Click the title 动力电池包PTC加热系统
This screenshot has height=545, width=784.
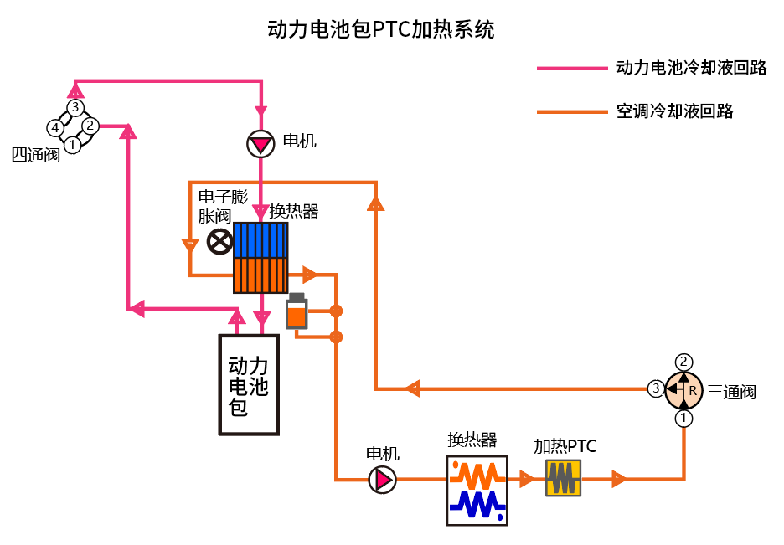(x=381, y=30)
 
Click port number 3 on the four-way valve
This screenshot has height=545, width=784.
(x=75, y=107)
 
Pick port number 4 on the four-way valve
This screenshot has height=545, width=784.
(x=54, y=128)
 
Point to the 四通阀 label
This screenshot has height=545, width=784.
(x=35, y=155)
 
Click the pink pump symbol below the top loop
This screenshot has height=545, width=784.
(x=260, y=144)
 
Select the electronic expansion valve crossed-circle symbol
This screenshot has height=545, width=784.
(x=219, y=242)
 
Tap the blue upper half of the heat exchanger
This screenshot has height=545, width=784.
(x=260, y=239)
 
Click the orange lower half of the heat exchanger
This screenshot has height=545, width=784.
(x=260, y=275)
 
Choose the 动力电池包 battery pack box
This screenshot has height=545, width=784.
(x=249, y=385)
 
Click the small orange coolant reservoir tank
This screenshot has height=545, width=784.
(x=297, y=312)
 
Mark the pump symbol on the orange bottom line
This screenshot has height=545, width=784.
(x=383, y=480)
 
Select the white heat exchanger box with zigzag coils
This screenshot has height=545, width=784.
(x=477, y=491)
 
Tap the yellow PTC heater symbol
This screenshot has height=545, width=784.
(x=563, y=479)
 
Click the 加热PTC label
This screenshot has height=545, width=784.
(x=565, y=446)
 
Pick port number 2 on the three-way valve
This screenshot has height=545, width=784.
(x=684, y=362)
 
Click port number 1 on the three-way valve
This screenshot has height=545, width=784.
(x=684, y=418)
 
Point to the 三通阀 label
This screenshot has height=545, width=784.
(x=732, y=392)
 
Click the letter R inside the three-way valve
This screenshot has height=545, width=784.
(x=692, y=390)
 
